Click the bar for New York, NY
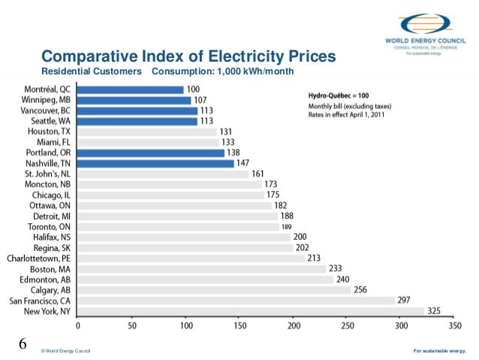pyautogui.click(x=252, y=310)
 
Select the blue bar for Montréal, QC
pyautogui.click(x=131, y=89)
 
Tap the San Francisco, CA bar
pyautogui.click(x=236, y=300)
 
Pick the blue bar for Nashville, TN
pyautogui.click(x=155, y=163)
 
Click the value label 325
pyautogui.click(x=435, y=310)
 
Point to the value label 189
pyautogui.click(x=286, y=226)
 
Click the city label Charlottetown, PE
pyautogui.click(x=39, y=258)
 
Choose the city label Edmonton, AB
pyautogui.click(x=47, y=279)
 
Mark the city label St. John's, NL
pyautogui.click(x=47, y=174)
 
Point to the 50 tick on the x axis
pyautogui.click(x=131, y=327)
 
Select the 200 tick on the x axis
pyautogui.click(x=293, y=327)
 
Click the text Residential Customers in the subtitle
pyautogui.click(x=91, y=72)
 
